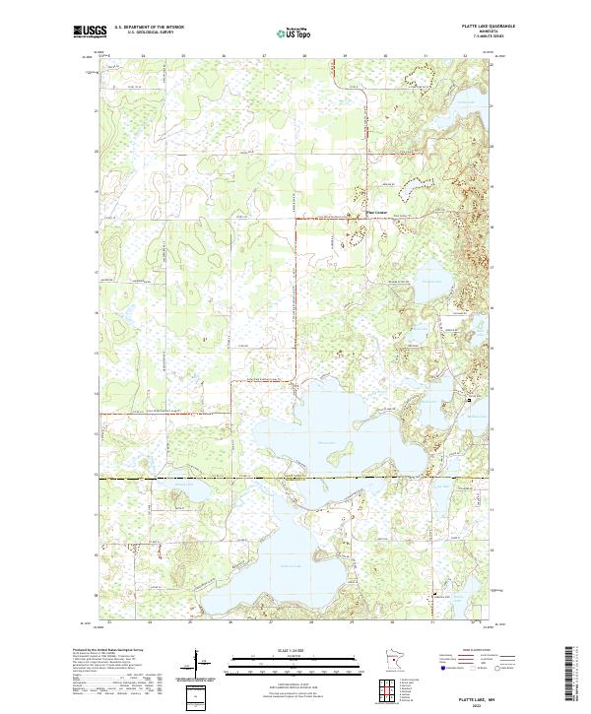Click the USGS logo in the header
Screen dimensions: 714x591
coord(90,32)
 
